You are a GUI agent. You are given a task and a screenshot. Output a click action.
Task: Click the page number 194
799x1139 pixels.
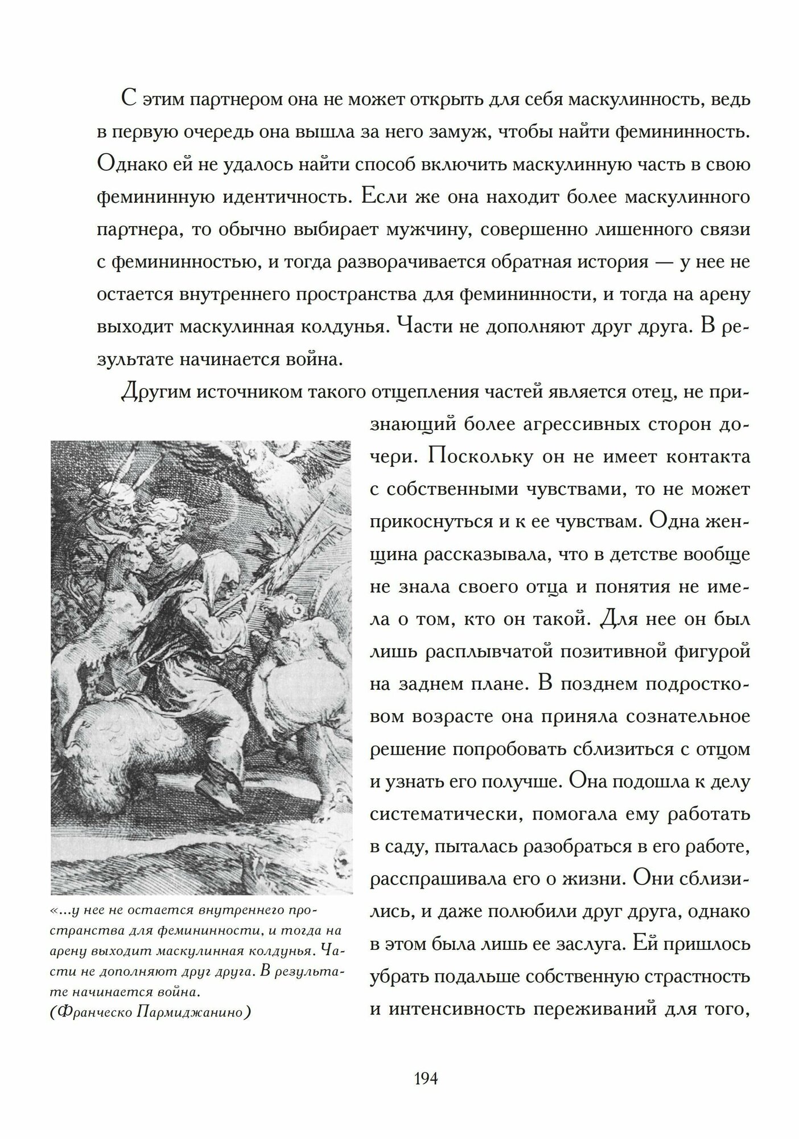(426, 1063)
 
